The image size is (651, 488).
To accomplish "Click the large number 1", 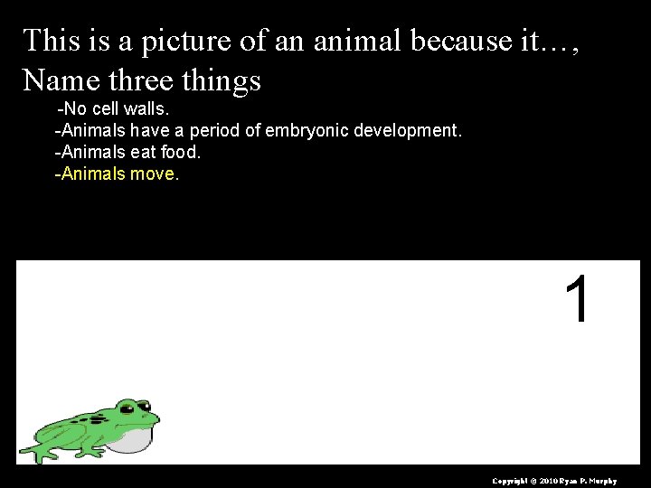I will (579, 300).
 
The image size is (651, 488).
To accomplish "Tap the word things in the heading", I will (222, 80).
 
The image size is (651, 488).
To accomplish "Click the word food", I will (182, 153).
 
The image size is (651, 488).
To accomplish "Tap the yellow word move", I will (153, 174).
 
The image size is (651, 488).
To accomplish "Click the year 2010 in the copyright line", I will (552, 480).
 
